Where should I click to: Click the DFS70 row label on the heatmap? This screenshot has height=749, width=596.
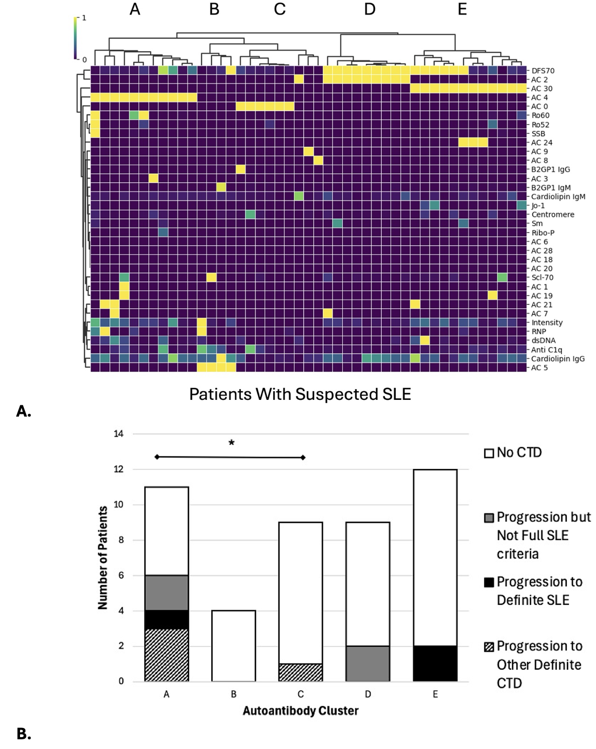pyautogui.click(x=542, y=71)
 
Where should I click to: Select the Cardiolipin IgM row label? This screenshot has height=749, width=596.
pyautogui.click(x=558, y=197)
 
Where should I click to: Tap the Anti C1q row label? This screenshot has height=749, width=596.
pyautogui.click(x=546, y=350)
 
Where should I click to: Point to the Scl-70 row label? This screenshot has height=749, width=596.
pyautogui.click(x=542, y=277)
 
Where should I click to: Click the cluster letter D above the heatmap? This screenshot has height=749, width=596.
pyautogui.click(x=369, y=9)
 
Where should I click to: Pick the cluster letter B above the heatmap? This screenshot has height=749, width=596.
pyautogui.click(x=214, y=9)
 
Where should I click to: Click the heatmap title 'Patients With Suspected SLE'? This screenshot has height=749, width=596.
pyautogui.click(x=300, y=394)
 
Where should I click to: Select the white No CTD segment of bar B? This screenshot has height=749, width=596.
pyautogui.click(x=233, y=645)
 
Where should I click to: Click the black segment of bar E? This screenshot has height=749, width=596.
pyautogui.click(x=435, y=663)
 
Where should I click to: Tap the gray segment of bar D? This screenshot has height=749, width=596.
pyautogui.click(x=368, y=663)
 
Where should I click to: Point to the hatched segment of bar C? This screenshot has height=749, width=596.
pyautogui.click(x=301, y=672)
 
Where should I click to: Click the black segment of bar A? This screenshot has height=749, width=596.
pyautogui.click(x=166, y=619)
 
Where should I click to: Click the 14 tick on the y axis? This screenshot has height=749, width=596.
pyautogui.click(x=118, y=434)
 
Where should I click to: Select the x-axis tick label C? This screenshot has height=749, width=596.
pyautogui.click(x=301, y=694)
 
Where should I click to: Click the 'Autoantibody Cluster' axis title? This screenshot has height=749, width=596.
pyautogui.click(x=300, y=711)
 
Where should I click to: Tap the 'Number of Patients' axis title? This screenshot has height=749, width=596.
pyautogui.click(x=103, y=557)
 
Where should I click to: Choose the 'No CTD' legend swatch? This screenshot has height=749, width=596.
pyautogui.click(x=489, y=453)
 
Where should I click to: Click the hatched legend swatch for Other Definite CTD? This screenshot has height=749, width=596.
pyautogui.click(x=489, y=647)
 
